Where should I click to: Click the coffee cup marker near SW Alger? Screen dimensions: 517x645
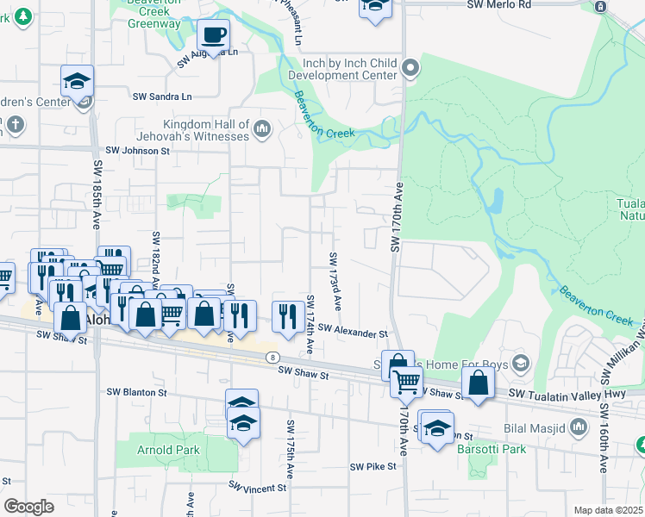(213, 36)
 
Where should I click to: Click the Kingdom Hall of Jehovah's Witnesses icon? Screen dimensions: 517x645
(263, 130)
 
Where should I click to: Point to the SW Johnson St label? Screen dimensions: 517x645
(138, 151)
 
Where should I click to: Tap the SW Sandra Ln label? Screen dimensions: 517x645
(162, 96)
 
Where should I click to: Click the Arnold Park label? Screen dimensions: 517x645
(168, 450)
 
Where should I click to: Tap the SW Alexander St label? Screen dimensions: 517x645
(353, 332)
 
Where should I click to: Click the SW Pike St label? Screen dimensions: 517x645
(373, 466)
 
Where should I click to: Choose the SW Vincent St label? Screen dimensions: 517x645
(258, 488)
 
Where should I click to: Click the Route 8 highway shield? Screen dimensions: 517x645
(272, 357)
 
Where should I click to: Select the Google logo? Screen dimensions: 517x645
(28, 507)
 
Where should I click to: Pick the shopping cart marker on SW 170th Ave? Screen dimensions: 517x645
(406, 381)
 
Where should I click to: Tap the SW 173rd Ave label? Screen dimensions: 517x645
(335, 282)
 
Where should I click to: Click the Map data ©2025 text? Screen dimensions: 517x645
(608, 510)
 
